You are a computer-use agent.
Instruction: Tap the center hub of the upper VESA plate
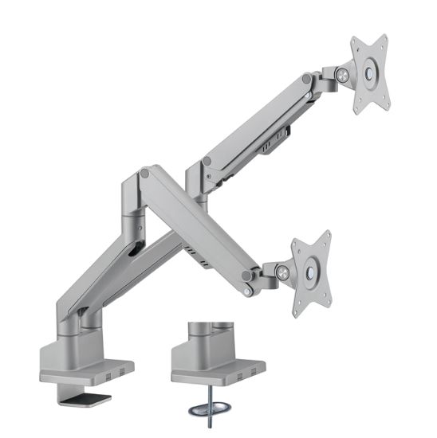click(370, 72)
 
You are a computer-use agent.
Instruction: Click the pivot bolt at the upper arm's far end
click(307, 80)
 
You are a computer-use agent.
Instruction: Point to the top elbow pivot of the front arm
click(144, 172)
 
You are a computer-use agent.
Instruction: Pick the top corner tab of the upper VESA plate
click(380, 39)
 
